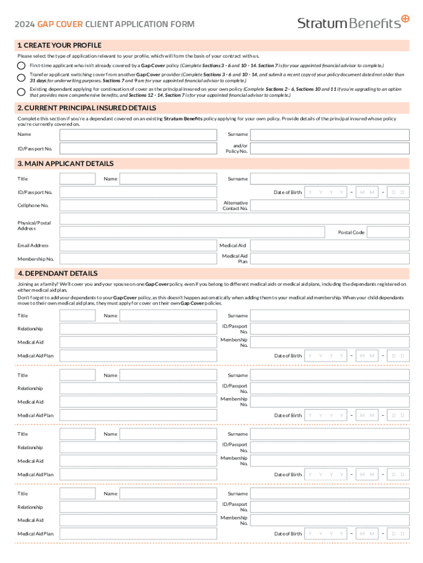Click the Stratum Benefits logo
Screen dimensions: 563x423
(x=353, y=22)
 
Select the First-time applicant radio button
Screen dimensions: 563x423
(x=21, y=65)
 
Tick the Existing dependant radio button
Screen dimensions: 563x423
(x=21, y=91)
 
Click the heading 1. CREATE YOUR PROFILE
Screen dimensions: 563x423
(x=59, y=45)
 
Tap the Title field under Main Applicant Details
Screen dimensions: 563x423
(x=77, y=179)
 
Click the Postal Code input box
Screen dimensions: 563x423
(x=388, y=233)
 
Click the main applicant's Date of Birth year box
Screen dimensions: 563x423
(x=326, y=192)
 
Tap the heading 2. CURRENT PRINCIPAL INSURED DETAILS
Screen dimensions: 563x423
(x=87, y=108)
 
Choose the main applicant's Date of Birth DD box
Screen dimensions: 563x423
(x=398, y=192)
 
